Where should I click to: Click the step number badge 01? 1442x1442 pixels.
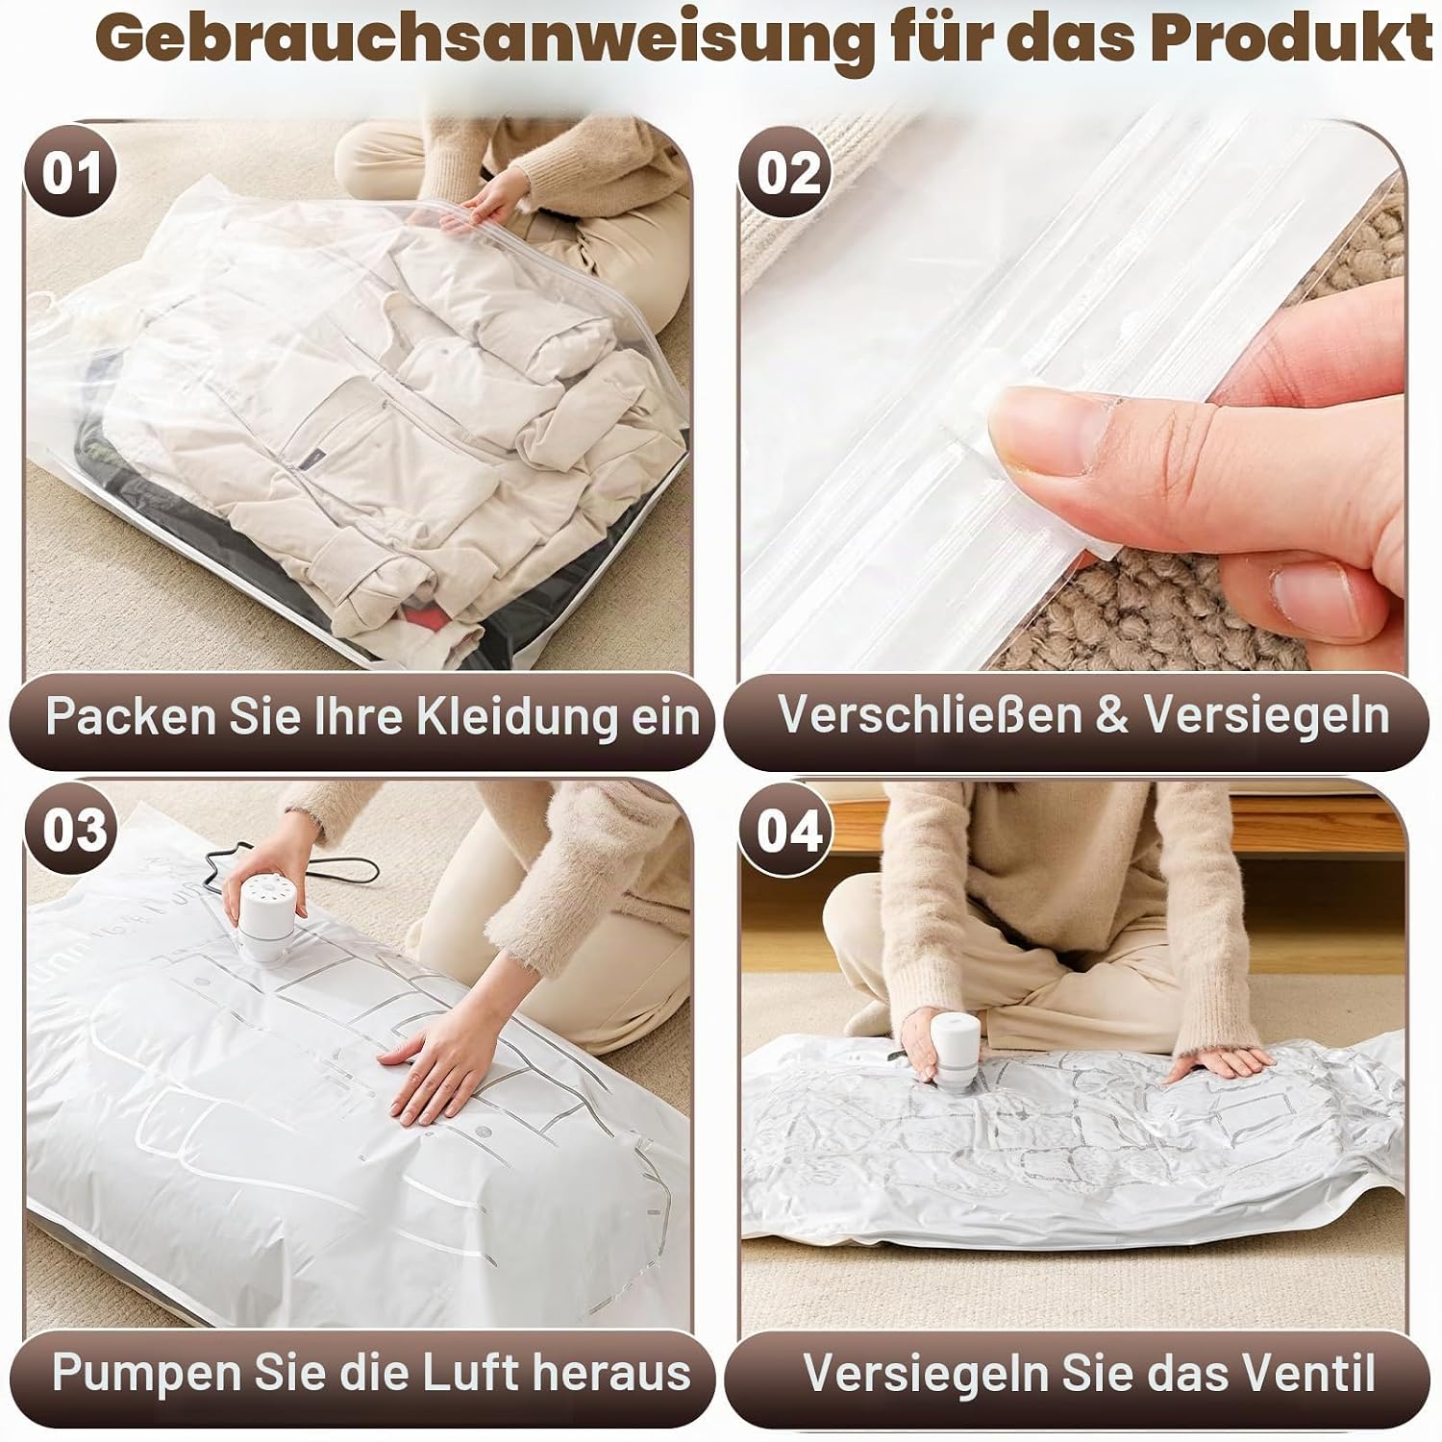pos(72,174)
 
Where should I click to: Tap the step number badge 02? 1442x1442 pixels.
pos(788,174)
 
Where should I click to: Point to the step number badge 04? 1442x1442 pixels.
pos(789,830)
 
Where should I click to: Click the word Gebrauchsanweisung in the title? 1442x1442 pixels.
pos(481,40)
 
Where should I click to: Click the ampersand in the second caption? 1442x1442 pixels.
pos(1111,715)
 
